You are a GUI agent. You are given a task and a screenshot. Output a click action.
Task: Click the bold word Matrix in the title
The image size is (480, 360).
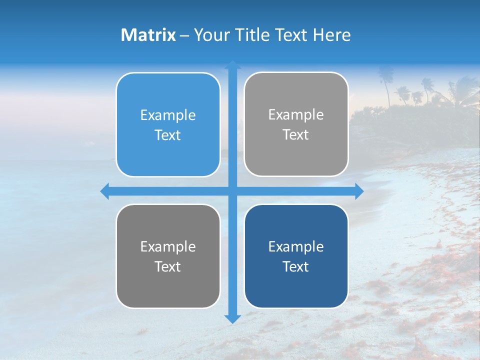pos(148,35)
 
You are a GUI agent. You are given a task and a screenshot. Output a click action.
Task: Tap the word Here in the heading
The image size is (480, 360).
pos(331,35)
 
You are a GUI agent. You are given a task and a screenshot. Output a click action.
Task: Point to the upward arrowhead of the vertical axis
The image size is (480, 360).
pos(232,64)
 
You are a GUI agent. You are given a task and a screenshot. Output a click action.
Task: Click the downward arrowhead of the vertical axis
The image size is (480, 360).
pos(232,318)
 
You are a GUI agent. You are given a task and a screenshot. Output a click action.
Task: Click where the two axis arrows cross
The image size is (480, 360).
pos(232,191)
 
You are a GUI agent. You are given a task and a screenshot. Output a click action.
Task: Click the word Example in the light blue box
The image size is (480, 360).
pos(168,115)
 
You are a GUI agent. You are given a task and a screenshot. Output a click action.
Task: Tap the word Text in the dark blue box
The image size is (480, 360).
pos(296,266)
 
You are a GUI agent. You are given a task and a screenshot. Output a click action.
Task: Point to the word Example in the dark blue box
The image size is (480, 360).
pos(296,246)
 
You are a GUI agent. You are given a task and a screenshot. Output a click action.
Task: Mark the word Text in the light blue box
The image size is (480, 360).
pos(168,135)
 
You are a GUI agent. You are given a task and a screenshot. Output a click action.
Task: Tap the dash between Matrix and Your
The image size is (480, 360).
pos(184,35)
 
